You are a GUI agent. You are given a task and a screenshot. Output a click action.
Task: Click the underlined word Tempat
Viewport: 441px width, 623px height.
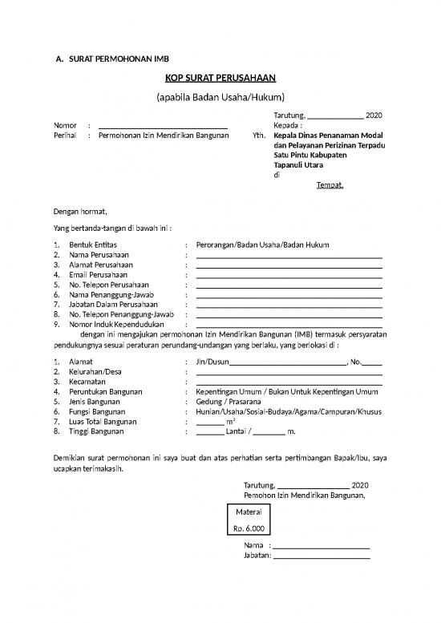(x=330, y=186)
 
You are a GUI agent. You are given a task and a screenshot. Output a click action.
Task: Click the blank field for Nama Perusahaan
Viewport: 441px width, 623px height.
(x=289, y=254)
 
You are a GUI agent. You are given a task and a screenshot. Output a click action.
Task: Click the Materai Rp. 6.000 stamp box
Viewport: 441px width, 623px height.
(x=249, y=520)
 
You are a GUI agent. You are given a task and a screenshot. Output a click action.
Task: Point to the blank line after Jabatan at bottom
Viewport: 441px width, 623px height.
(x=321, y=556)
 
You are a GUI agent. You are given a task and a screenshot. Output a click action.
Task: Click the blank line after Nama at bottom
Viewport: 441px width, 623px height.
(x=321, y=545)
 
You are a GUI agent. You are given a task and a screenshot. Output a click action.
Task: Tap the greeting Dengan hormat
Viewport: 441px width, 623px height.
(x=80, y=212)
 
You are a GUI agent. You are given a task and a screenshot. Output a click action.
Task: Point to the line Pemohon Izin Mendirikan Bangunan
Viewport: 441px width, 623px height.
(x=304, y=496)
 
